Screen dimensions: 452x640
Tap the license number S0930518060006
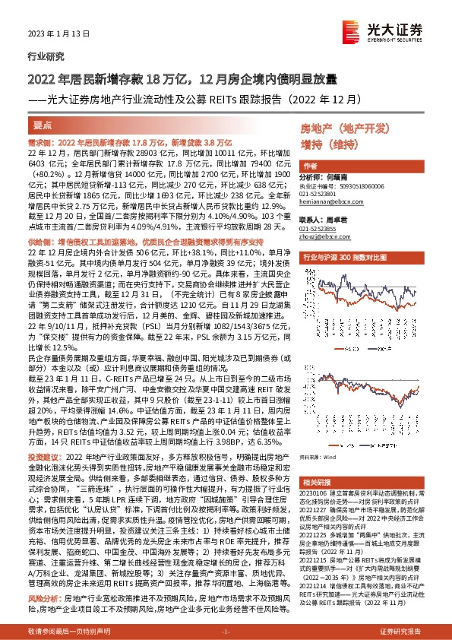360,185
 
